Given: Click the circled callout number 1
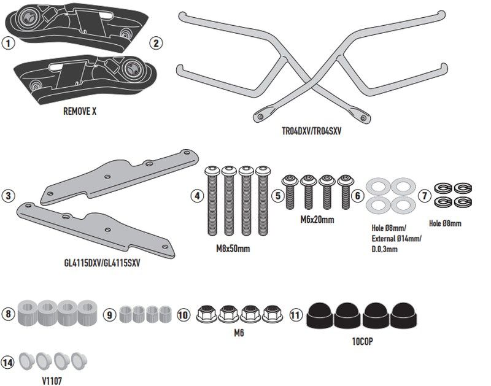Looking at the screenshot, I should pos(7,44).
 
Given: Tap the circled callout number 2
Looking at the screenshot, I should pos(157,43).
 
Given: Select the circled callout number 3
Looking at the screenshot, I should pos(8,196).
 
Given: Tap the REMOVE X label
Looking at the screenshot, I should pos(80,113).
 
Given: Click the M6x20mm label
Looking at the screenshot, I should pos(318,219).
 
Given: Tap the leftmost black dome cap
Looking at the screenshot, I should pos(319,314).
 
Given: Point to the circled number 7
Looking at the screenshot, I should pos(423,196).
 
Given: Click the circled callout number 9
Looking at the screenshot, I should pos(108,315).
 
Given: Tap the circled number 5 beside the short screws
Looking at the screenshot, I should pos(278,196).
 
